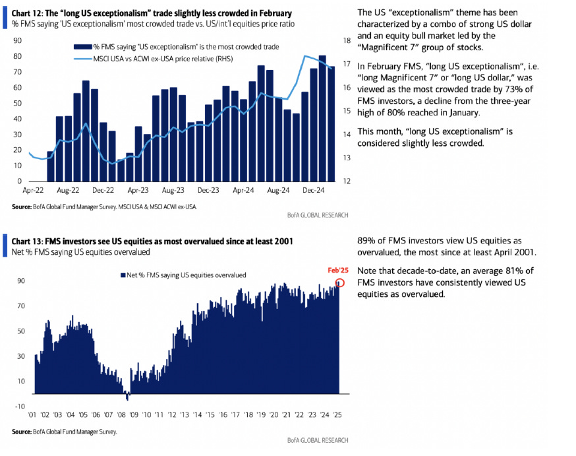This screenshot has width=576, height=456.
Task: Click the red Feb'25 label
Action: [337, 270]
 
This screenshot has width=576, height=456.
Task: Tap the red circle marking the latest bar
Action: [339, 282]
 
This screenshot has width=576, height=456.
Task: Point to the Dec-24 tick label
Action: [314, 190]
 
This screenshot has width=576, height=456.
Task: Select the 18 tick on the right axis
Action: [347, 41]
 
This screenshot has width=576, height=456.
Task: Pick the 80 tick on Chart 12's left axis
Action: [17, 56]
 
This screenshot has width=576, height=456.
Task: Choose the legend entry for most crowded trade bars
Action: [176, 48]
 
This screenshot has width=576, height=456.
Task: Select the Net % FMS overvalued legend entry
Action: [183, 275]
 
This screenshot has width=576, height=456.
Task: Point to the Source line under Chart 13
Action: [64, 432]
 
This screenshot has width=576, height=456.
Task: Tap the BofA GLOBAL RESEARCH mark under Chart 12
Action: [318, 215]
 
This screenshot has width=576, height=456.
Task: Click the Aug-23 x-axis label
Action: [173, 190]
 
